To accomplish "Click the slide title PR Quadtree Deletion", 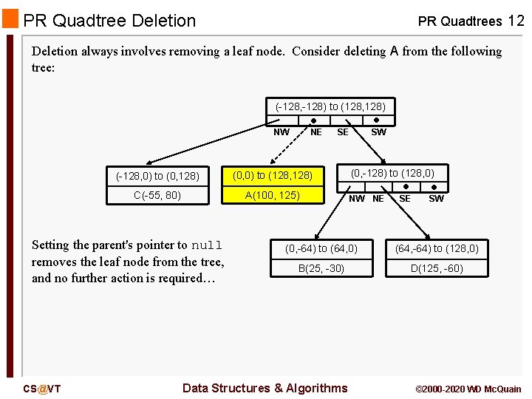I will coord(109,21).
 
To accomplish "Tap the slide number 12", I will coord(516,21).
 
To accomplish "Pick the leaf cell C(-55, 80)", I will coord(157,195).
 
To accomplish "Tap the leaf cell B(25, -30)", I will coord(321,268).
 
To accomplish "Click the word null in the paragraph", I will coord(206,245).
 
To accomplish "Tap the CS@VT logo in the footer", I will coord(42,389).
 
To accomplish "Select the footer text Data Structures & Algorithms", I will coord(265,388).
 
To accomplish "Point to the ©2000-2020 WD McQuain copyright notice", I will coord(468,389).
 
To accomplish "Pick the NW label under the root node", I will coord(282,132).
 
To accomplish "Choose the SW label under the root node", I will coord(378,132).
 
